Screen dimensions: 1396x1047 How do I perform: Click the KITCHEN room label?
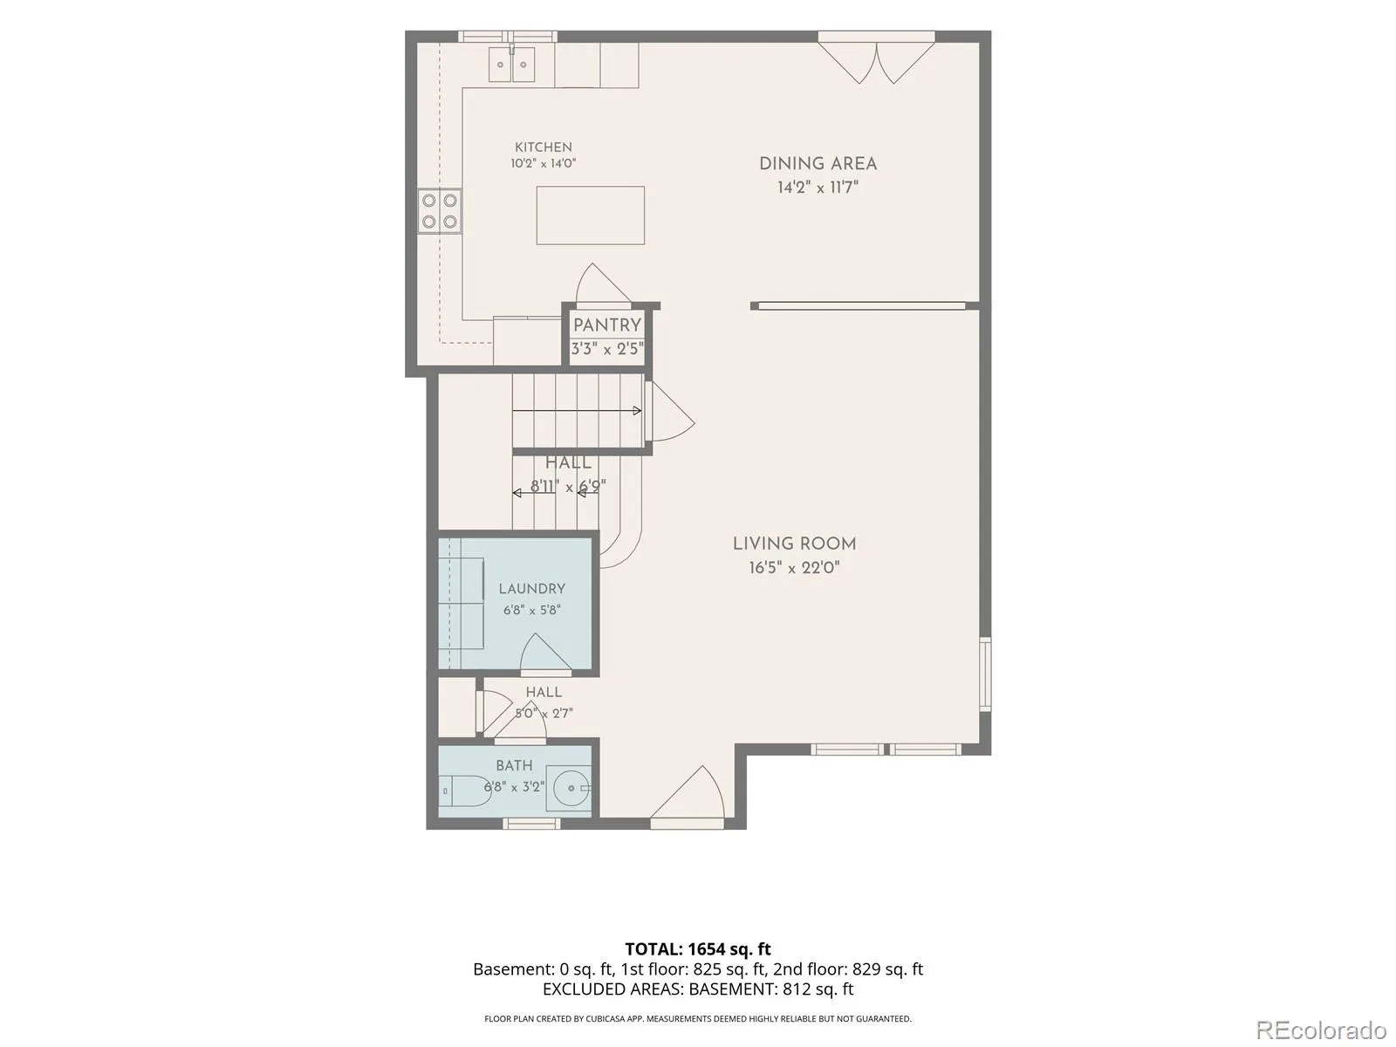pyautogui.click(x=543, y=147)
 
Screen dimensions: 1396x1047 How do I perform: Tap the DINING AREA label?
pyautogui.click(x=818, y=164)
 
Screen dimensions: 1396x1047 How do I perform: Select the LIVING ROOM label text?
pyautogui.click(x=794, y=544)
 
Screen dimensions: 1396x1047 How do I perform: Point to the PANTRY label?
pyautogui.click(x=606, y=325)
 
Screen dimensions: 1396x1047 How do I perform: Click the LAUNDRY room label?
pyautogui.click(x=531, y=589)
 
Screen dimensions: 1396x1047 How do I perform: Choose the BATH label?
pyautogui.click(x=514, y=765)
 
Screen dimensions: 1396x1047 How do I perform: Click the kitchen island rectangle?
pyautogui.click(x=590, y=215)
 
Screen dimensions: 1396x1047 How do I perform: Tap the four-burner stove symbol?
pyautogui.click(x=440, y=211)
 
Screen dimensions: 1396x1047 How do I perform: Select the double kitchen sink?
pyautogui.click(x=511, y=65)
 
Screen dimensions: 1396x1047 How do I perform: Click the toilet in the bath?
pyautogui.click(x=464, y=790)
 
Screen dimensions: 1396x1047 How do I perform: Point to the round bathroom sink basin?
pyautogui.click(x=571, y=788)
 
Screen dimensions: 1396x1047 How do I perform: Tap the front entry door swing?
pyautogui.click(x=688, y=797)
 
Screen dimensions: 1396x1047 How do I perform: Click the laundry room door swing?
pyautogui.click(x=545, y=654)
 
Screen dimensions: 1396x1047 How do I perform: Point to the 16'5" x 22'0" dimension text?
pyautogui.click(x=794, y=568)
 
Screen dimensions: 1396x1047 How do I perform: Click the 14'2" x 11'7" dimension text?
pyautogui.click(x=818, y=188)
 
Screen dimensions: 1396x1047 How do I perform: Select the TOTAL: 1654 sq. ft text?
pyautogui.click(x=698, y=949)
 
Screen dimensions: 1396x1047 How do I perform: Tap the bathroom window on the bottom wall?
pyautogui.click(x=531, y=824)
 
